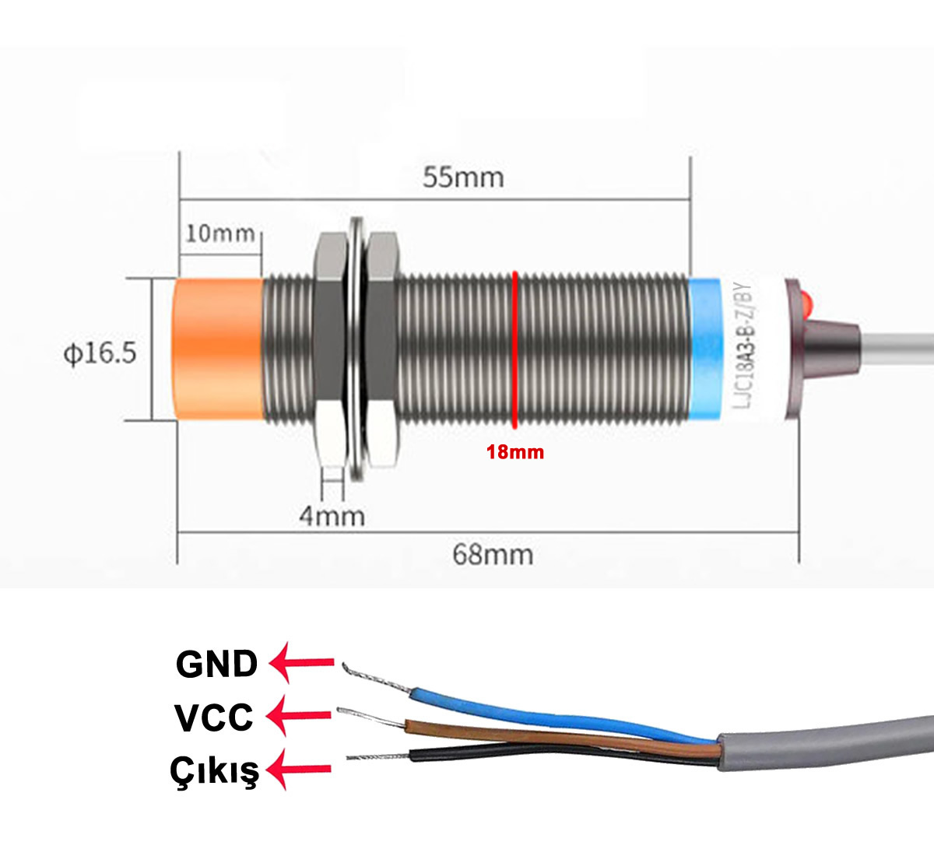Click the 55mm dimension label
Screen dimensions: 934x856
463,177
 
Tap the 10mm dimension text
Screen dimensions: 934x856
220,233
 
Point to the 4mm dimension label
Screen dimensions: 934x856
332,516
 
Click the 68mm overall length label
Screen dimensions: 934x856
493,555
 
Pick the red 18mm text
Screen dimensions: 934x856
515,452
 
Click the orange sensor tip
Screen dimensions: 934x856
219,349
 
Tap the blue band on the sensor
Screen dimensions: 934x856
704,349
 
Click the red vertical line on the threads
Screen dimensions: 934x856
514,349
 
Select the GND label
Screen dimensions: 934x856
216,664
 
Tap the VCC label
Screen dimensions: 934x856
214,717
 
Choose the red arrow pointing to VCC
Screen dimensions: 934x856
299,716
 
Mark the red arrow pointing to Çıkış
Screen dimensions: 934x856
299,769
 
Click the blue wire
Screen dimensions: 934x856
559,714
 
